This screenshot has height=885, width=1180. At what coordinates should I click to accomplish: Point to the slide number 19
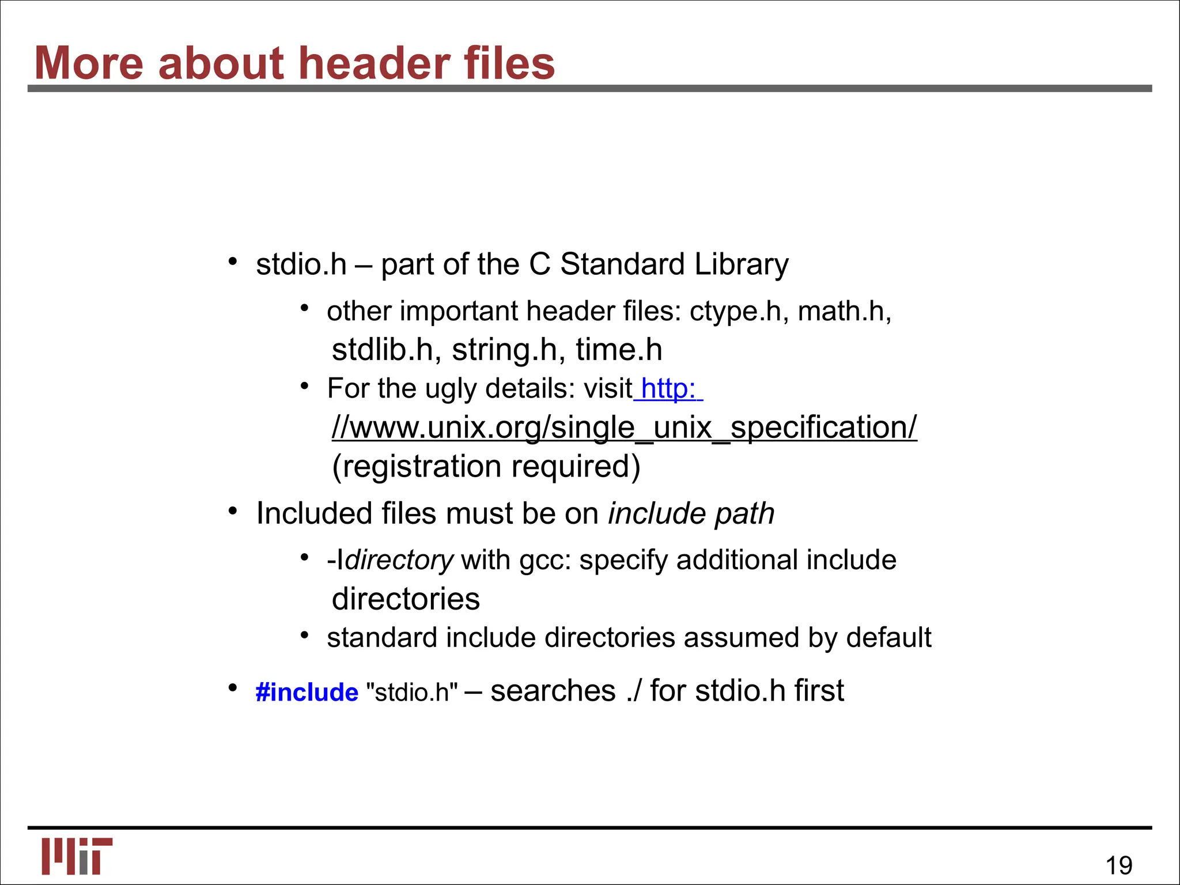(x=1118, y=865)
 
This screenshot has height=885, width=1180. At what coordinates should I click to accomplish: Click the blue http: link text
(x=668, y=388)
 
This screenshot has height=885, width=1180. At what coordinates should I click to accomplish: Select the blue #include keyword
(x=307, y=692)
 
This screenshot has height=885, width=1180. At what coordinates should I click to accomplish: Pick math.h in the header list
(x=844, y=312)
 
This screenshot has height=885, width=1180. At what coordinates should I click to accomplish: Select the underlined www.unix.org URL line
(x=624, y=428)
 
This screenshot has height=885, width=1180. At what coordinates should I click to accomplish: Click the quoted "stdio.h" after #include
(x=412, y=692)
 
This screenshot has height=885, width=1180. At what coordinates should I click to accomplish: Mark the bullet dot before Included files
(x=233, y=511)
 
